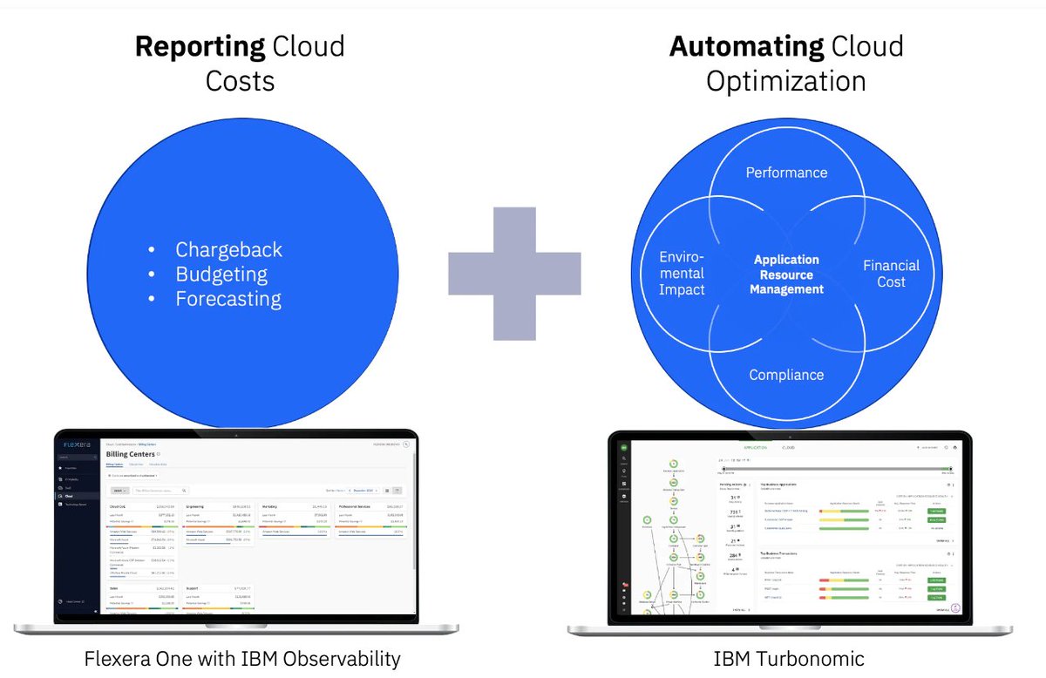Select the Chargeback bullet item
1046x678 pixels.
(x=228, y=249)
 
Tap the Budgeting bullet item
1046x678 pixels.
(x=221, y=275)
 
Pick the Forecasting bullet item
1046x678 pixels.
(x=228, y=299)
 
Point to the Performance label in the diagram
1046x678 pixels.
(x=786, y=173)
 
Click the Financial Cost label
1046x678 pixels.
(x=891, y=274)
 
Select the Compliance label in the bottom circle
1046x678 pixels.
(x=786, y=375)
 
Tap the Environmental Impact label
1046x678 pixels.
(x=682, y=274)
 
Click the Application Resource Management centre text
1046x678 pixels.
(x=786, y=274)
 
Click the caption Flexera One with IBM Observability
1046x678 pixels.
(x=242, y=658)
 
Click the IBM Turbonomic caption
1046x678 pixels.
(x=786, y=658)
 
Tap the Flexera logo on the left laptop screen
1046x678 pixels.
(x=77, y=444)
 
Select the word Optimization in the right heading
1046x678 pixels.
(x=785, y=81)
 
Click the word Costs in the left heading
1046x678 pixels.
(x=240, y=81)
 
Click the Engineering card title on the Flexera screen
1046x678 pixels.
(x=194, y=505)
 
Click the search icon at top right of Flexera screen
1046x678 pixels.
(x=406, y=444)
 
